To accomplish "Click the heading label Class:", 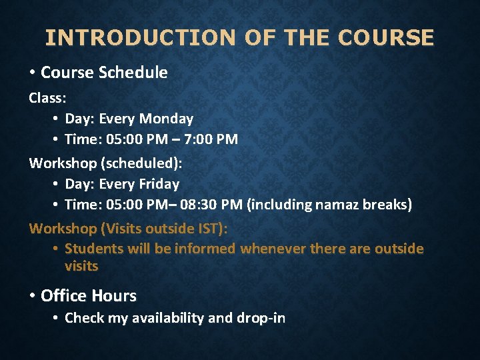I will (47, 98).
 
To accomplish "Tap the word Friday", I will (157, 184).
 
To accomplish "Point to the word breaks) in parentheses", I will (387, 205).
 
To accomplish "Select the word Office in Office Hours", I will (64, 295).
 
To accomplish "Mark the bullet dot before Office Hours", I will (33, 296).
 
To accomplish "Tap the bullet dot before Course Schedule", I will (33, 73).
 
